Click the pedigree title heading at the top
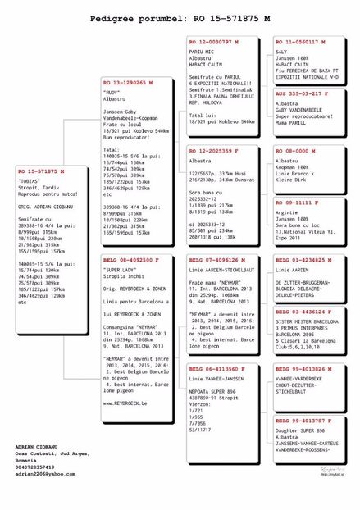pos(180,17)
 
